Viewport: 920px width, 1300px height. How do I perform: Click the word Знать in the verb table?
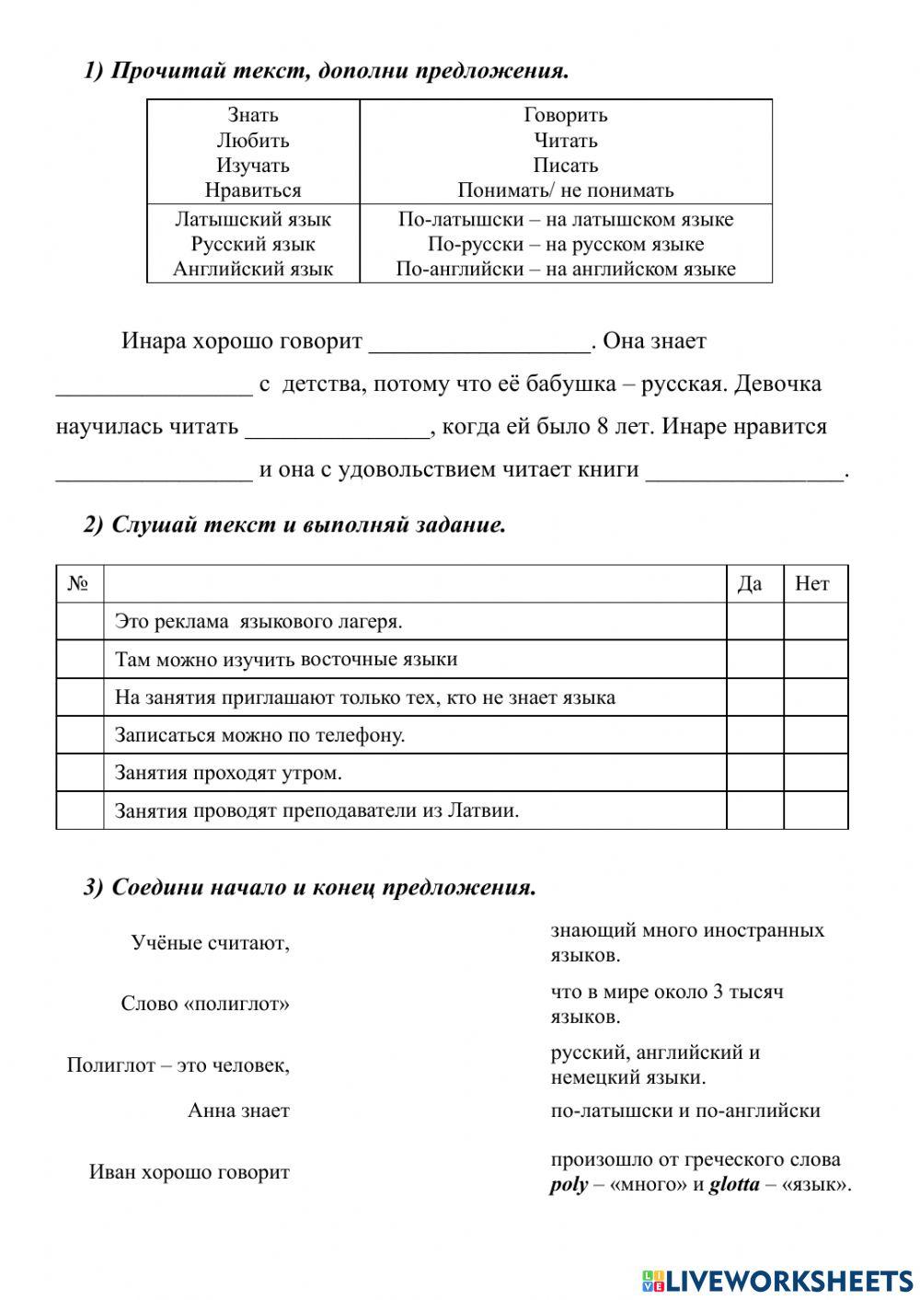click(253, 115)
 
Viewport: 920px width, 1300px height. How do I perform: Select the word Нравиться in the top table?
click(253, 190)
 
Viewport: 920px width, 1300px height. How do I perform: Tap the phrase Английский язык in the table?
click(253, 269)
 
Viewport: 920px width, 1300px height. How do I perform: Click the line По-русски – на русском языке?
click(565, 244)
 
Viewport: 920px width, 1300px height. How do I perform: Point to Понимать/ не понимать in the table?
click(565, 190)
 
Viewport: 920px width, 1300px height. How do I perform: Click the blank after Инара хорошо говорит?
click(479, 342)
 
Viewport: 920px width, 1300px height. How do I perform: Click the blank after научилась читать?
click(338, 428)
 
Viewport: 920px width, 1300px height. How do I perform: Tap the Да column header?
click(750, 584)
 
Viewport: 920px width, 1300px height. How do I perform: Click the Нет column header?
click(812, 584)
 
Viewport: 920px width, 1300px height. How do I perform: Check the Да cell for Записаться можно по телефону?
click(754, 735)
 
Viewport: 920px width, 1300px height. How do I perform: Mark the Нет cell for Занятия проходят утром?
click(815, 773)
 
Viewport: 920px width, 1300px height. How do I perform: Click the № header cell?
click(79, 584)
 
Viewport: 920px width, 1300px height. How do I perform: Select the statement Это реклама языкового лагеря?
click(259, 622)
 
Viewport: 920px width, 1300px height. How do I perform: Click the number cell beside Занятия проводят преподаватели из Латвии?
click(79, 811)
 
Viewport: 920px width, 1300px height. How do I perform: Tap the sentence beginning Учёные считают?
click(210, 942)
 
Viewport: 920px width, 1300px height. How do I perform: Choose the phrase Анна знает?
click(238, 1110)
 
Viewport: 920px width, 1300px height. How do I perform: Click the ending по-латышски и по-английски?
click(684, 1110)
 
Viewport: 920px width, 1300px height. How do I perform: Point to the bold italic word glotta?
click(734, 1185)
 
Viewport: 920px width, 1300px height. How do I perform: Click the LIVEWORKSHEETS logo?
click(777, 1280)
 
